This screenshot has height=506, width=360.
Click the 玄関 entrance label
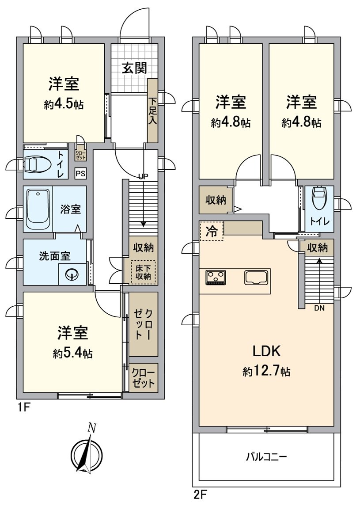134,68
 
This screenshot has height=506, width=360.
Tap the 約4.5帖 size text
64,104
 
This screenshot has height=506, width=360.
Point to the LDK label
266,351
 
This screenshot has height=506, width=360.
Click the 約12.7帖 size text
266,371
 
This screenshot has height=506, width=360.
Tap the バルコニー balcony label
266,456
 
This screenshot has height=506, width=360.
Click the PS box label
80,174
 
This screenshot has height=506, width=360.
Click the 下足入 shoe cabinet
152,110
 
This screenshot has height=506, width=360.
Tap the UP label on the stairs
143,176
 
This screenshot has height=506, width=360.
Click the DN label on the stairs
319,308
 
